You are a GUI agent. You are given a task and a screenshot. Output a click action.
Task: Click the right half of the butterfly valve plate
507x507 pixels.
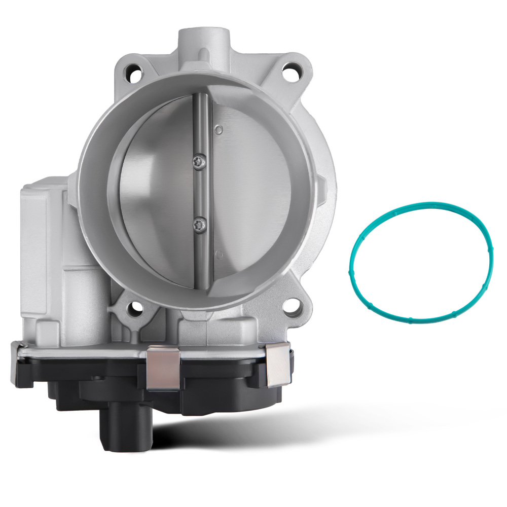tap(248, 193)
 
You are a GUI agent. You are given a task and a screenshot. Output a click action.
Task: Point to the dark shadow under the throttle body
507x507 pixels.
tap(253, 431)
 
